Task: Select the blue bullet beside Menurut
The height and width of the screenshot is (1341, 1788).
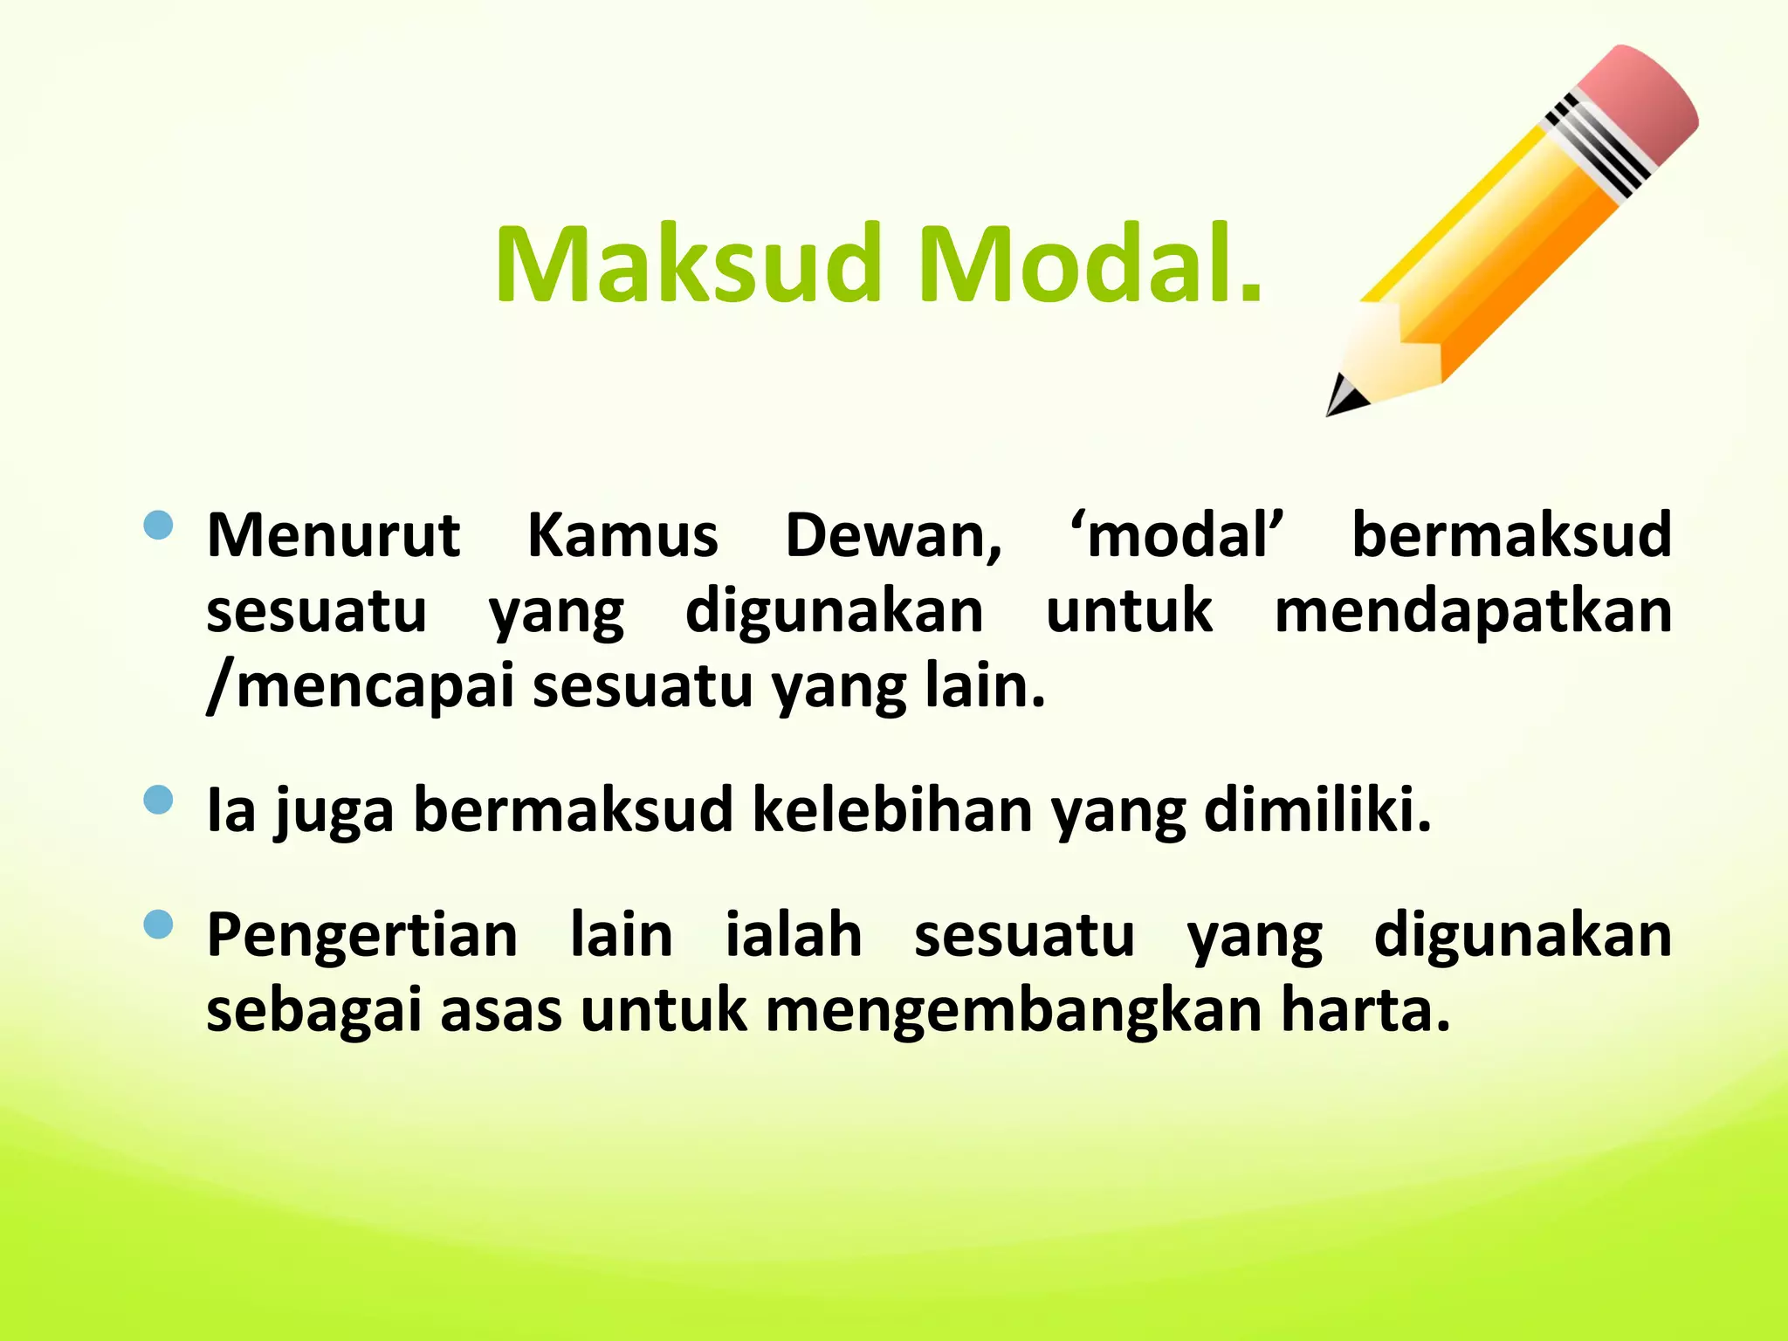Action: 158,526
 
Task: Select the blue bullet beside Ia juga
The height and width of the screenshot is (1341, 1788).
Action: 158,800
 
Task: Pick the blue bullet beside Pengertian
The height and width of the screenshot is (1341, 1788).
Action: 158,925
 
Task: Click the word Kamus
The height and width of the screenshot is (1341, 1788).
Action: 622,534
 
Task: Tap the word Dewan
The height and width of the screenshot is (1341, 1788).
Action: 893,534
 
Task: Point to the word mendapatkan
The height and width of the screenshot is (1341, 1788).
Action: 1473,610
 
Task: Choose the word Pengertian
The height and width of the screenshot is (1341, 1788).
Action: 362,936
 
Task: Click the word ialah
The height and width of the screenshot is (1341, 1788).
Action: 794,934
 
